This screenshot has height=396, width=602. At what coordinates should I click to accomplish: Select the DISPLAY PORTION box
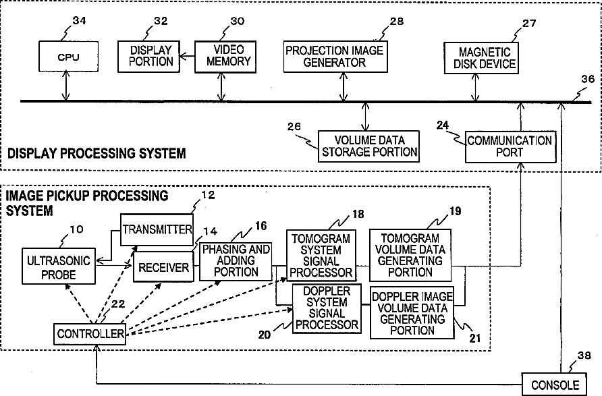click(x=147, y=57)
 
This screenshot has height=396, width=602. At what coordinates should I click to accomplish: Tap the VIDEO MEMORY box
click(x=223, y=57)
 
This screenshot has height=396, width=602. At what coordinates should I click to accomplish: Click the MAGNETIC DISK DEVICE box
click(x=479, y=58)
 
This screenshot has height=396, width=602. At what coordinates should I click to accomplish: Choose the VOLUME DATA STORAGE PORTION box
click(x=368, y=146)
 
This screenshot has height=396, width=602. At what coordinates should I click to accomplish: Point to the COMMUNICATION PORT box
click(x=510, y=146)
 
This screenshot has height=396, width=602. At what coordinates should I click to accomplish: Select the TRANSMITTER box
click(x=157, y=229)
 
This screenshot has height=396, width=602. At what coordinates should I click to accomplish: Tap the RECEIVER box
click(x=163, y=268)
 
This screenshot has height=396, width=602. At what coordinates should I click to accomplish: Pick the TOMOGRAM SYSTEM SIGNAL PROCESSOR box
click(x=321, y=255)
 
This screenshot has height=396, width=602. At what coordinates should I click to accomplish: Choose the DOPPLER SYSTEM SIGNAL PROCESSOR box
click(x=325, y=309)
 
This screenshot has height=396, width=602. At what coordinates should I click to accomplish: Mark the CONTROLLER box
click(x=90, y=334)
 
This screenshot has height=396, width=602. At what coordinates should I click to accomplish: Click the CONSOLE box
click(x=555, y=385)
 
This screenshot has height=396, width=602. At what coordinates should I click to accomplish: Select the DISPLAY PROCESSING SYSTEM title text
click(x=97, y=154)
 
